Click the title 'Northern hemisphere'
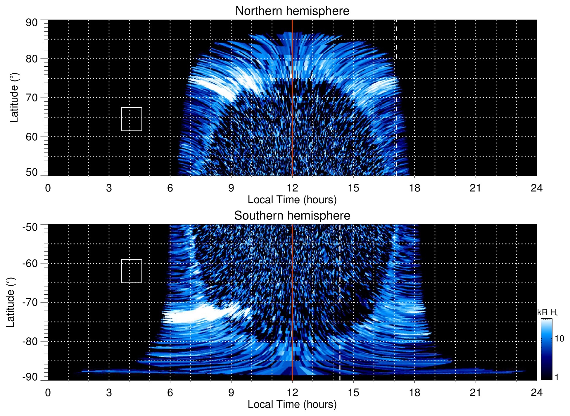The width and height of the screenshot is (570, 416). tap(292, 11)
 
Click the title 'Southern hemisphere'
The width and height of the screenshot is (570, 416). tap(292, 216)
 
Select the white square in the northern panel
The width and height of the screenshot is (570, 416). tap(132, 119)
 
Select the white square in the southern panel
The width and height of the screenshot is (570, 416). tap(132, 271)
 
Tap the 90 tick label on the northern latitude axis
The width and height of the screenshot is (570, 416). tap(32, 23)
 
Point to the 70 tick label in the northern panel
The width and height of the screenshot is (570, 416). tap(32, 98)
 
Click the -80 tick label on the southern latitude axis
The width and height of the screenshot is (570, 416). tap(30, 341)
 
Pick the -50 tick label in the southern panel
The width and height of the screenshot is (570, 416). tap(30, 227)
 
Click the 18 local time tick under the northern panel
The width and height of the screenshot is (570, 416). tap(414, 188)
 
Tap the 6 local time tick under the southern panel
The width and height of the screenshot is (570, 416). tap(170, 393)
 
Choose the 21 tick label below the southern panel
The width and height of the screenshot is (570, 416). tap(476, 393)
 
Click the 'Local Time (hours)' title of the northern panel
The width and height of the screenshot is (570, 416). tap(292, 200)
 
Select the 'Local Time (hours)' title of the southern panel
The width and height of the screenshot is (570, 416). tap(292, 404)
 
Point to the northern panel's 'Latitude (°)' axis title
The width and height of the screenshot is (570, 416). tap(14, 98)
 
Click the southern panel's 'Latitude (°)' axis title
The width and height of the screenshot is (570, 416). tap(11, 302)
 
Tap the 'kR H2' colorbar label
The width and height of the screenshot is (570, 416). tap(547, 313)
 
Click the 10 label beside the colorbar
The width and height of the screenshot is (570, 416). tap(559, 339)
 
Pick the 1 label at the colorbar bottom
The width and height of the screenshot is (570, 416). tap(557, 377)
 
